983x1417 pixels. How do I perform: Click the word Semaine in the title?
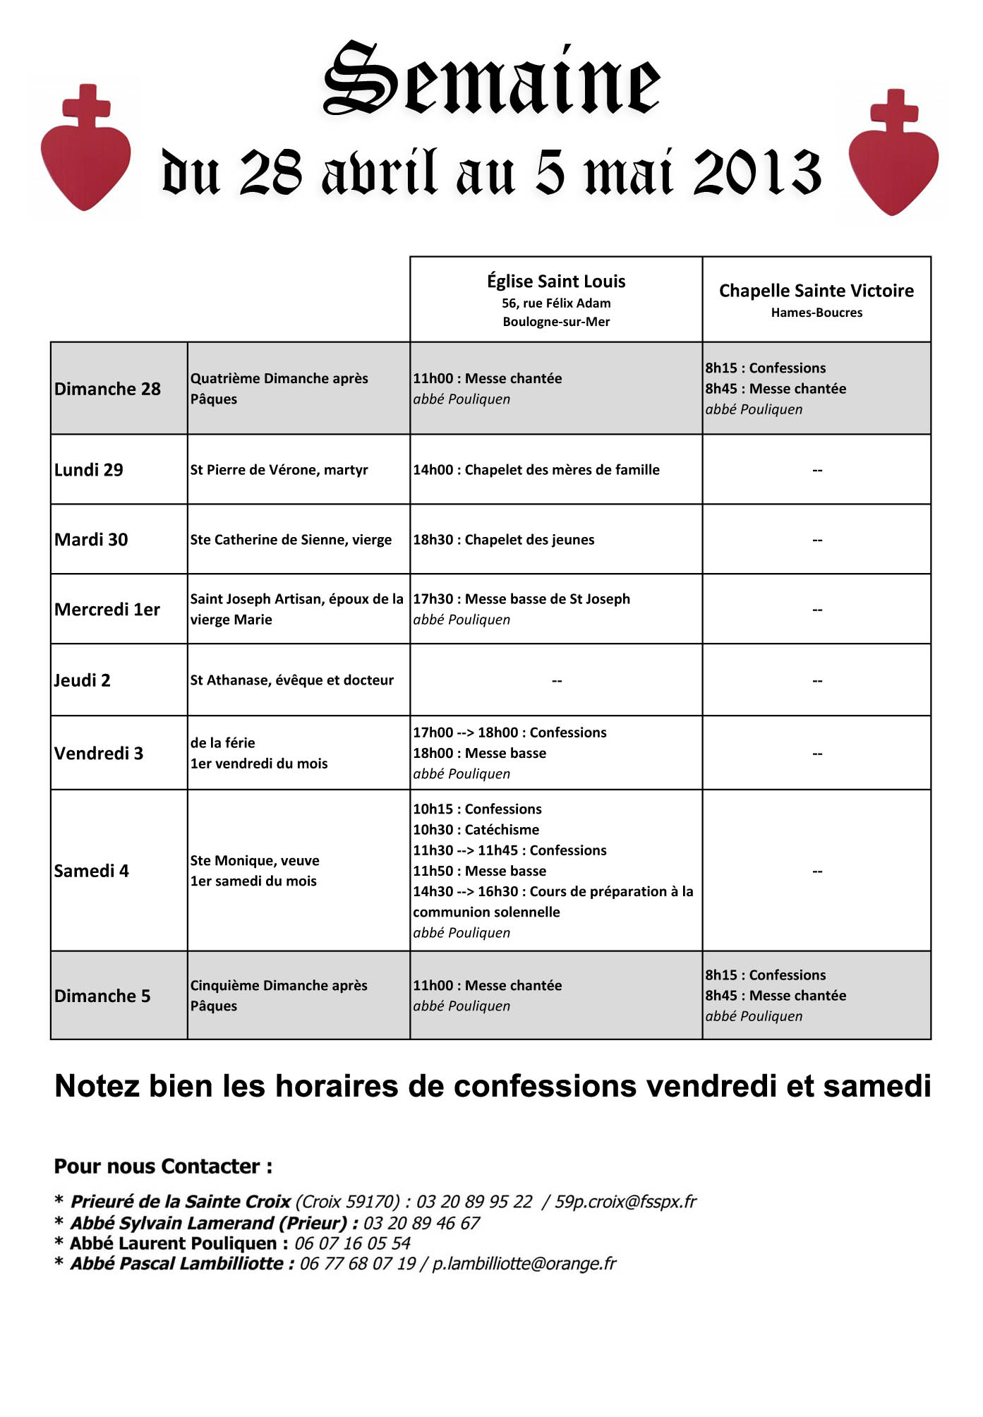click(492, 81)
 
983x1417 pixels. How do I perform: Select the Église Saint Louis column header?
click(556, 282)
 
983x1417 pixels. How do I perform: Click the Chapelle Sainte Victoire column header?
click(816, 291)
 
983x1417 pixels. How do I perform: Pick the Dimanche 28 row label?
click(108, 389)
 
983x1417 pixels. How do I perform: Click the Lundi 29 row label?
click(89, 470)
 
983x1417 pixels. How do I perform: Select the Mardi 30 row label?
click(91, 540)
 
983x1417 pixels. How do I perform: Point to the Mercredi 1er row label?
click(107, 610)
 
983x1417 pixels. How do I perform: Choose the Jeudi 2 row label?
click(83, 680)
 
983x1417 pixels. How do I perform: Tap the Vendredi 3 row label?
click(99, 754)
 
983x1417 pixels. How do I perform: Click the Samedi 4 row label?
click(92, 871)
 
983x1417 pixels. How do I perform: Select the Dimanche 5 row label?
click(102, 996)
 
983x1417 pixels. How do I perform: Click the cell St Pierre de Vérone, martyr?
click(279, 470)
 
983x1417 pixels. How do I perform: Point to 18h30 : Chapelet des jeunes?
click(504, 540)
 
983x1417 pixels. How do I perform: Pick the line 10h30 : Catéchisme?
click(476, 830)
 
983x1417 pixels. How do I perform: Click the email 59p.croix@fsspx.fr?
click(625, 1201)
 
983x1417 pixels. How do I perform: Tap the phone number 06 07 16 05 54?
click(352, 1243)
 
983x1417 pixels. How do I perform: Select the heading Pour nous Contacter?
click(163, 1166)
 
